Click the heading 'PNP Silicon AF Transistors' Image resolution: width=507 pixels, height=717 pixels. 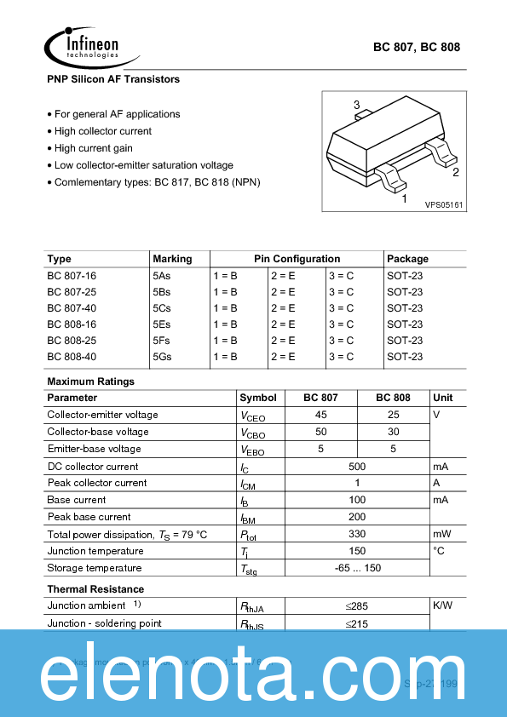[x=113, y=79]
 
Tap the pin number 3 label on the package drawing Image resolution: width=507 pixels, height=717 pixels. [x=357, y=105]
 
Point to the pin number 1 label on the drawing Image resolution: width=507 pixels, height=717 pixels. [x=404, y=198]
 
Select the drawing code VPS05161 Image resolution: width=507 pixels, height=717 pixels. [x=444, y=205]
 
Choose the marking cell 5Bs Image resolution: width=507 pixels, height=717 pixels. [x=162, y=292]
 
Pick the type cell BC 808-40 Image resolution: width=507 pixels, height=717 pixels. [x=72, y=357]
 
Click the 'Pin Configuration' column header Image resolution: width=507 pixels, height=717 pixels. [x=297, y=259]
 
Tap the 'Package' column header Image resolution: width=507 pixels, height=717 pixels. [x=407, y=259]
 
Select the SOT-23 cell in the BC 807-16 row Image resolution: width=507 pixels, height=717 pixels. [x=405, y=276]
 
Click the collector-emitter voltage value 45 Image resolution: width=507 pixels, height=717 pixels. [x=321, y=415]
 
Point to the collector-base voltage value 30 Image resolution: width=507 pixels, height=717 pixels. [x=393, y=432]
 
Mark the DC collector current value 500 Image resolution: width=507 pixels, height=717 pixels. [x=357, y=467]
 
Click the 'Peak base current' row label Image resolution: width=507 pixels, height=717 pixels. [x=89, y=517]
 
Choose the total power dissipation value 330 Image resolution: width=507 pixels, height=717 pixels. [x=357, y=534]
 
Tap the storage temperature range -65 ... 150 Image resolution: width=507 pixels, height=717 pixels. [x=357, y=568]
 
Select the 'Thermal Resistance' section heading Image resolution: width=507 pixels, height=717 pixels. [x=95, y=589]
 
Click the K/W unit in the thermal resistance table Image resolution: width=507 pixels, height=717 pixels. [x=442, y=605]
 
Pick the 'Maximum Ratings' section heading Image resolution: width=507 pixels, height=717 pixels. [x=90, y=381]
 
